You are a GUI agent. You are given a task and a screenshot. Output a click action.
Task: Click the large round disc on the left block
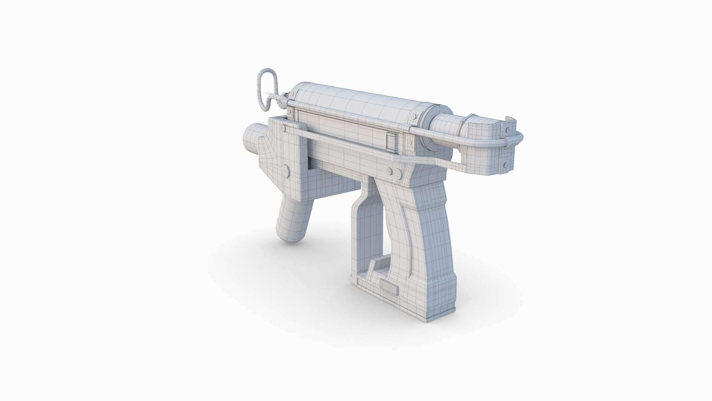point(286,171)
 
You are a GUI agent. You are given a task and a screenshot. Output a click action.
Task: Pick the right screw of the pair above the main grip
point(398,173)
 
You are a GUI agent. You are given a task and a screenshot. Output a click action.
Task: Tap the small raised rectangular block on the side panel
point(391,141)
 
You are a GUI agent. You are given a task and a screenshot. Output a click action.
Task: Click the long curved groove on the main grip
point(410,238)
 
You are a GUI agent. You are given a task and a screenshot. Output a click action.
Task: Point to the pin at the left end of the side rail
point(284,128)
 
